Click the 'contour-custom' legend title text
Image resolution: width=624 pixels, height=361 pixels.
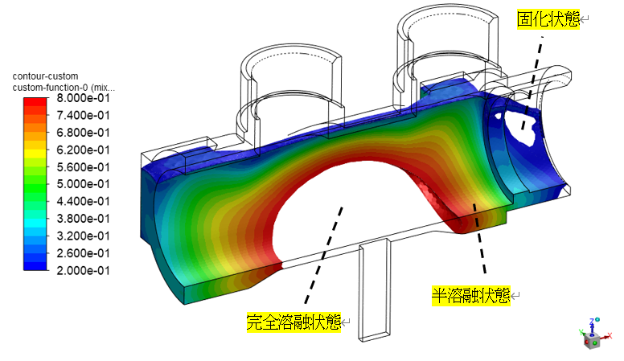[46, 76]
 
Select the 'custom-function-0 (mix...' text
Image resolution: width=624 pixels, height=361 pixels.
[64, 87]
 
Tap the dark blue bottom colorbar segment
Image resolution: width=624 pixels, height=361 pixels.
[35, 266]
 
